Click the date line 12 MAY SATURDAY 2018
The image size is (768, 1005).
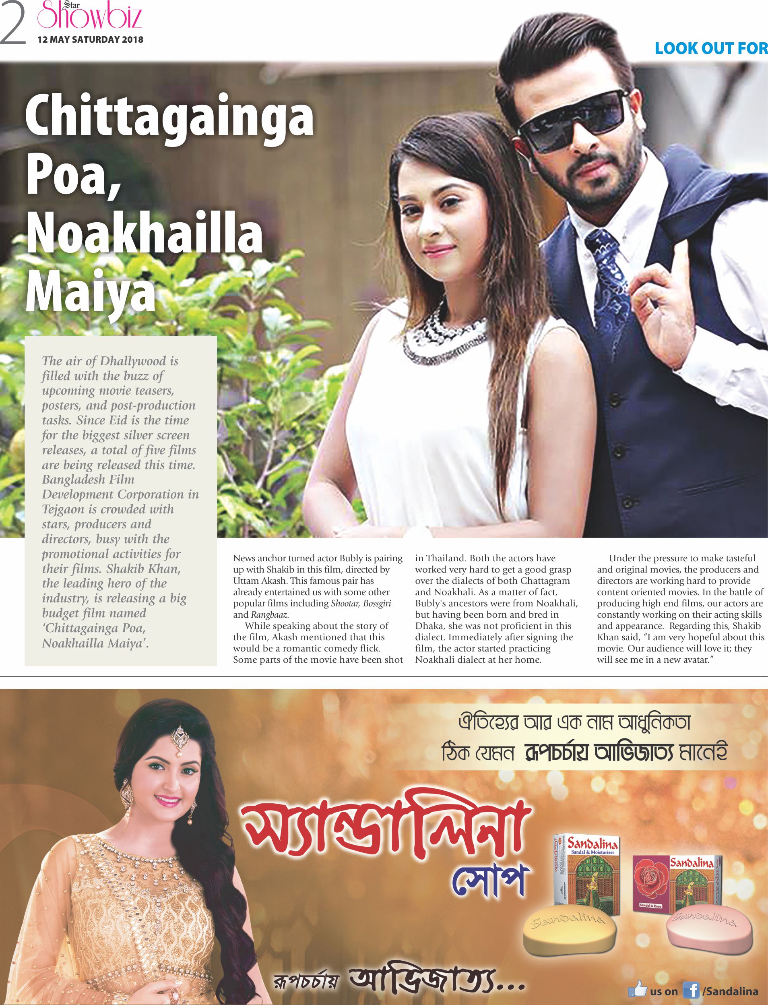(x=90, y=39)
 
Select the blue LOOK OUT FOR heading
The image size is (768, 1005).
(x=710, y=48)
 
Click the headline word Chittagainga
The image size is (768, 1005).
(x=169, y=117)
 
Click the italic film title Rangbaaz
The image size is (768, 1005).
(x=269, y=614)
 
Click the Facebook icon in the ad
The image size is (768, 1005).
(x=691, y=991)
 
